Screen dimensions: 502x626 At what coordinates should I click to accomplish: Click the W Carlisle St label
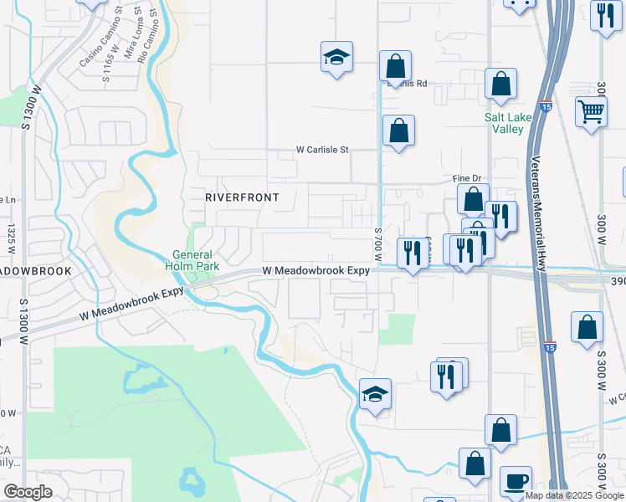(321, 150)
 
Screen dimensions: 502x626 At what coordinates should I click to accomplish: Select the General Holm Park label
(193, 261)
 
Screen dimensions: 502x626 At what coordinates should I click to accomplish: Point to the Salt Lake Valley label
(508, 123)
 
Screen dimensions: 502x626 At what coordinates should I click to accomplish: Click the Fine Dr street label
(469, 179)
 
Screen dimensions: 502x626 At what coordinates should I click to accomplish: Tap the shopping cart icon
(591, 110)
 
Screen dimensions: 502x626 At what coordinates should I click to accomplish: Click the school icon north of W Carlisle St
(336, 57)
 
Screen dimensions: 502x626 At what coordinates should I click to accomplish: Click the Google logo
(28, 492)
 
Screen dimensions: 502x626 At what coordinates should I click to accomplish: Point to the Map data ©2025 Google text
(575, 495)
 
